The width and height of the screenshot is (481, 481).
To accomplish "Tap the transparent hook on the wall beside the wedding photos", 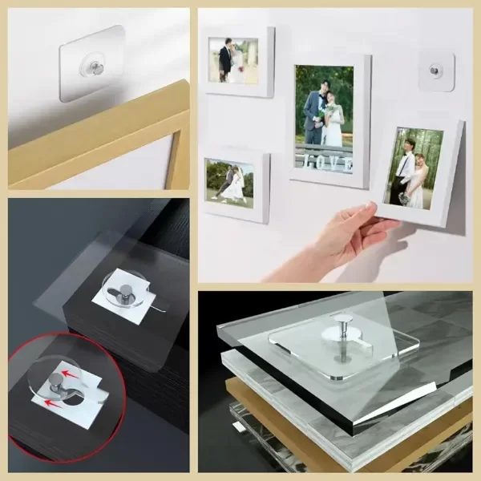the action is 436,72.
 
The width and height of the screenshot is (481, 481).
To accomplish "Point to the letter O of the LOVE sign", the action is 320,163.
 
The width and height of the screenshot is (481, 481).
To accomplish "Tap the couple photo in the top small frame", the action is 233,60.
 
